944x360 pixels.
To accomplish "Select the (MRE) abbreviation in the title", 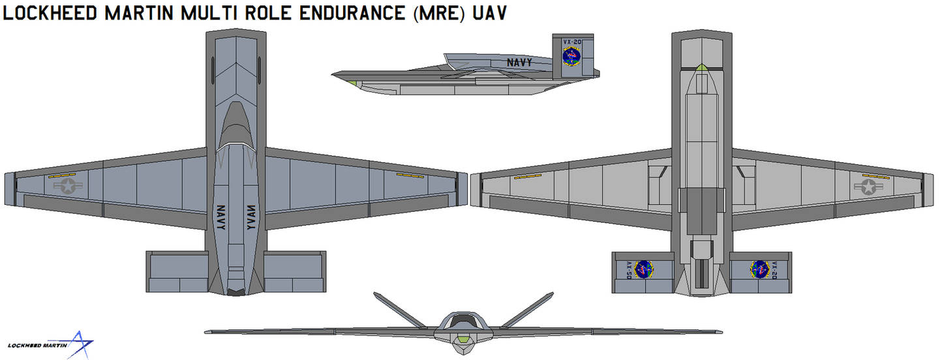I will [x=442, y=13].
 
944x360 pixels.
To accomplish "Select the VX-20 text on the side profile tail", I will [x=571, y=40].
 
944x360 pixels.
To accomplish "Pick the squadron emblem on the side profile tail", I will [x=571, y=57].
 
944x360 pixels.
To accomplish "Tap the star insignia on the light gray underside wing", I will [x=868, y=188].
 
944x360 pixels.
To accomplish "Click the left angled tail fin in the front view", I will [x=400, y=310].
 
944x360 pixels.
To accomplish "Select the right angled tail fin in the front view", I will [x=526, y=310].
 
